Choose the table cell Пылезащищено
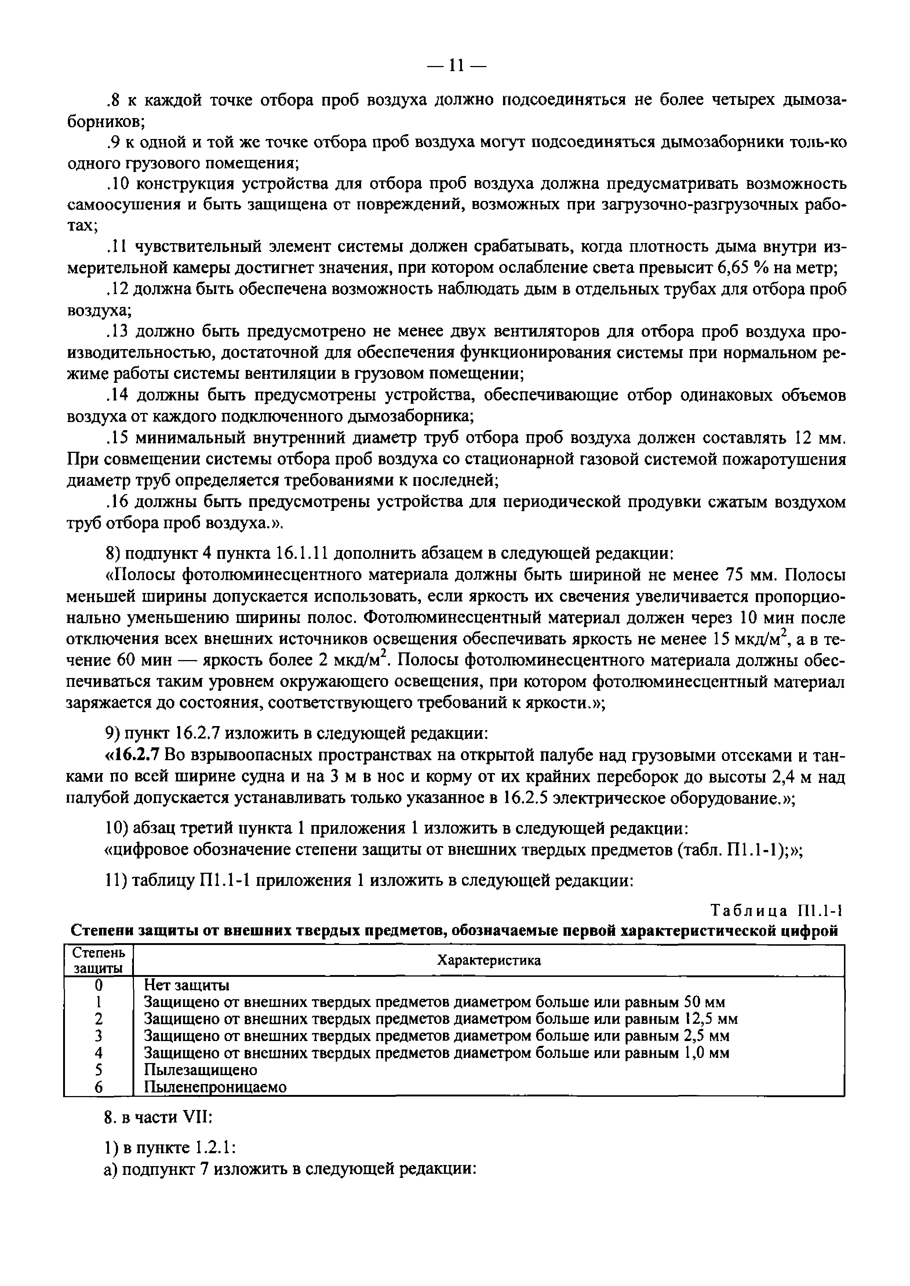(201, 1070)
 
